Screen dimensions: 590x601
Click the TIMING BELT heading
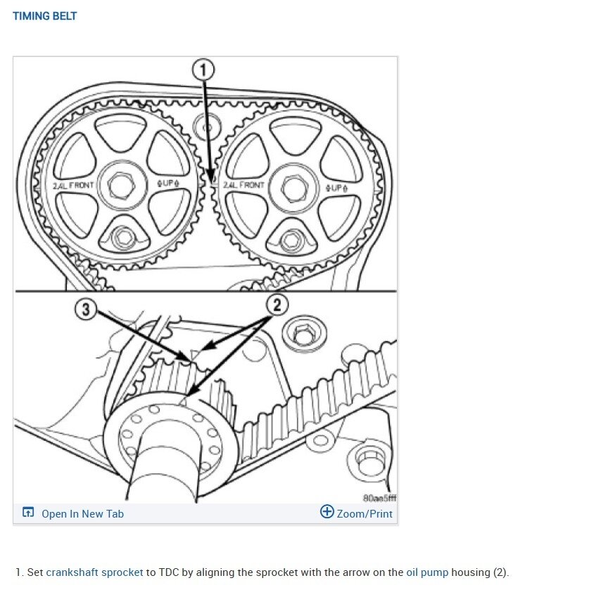[44, 15]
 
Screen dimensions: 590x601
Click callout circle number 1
[204, 70]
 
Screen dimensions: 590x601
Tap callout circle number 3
[86, 310]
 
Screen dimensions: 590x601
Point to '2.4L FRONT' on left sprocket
[73, 186]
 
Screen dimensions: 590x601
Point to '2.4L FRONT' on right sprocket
[243, 185]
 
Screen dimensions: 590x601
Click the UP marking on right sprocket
[339, 188]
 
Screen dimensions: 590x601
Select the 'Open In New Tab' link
[82, 513]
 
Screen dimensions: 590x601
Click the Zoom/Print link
[364, 513]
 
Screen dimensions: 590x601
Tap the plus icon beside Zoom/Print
[327, 512]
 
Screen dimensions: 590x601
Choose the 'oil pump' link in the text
[427, 572]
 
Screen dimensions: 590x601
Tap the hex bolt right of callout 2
[303, 334]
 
